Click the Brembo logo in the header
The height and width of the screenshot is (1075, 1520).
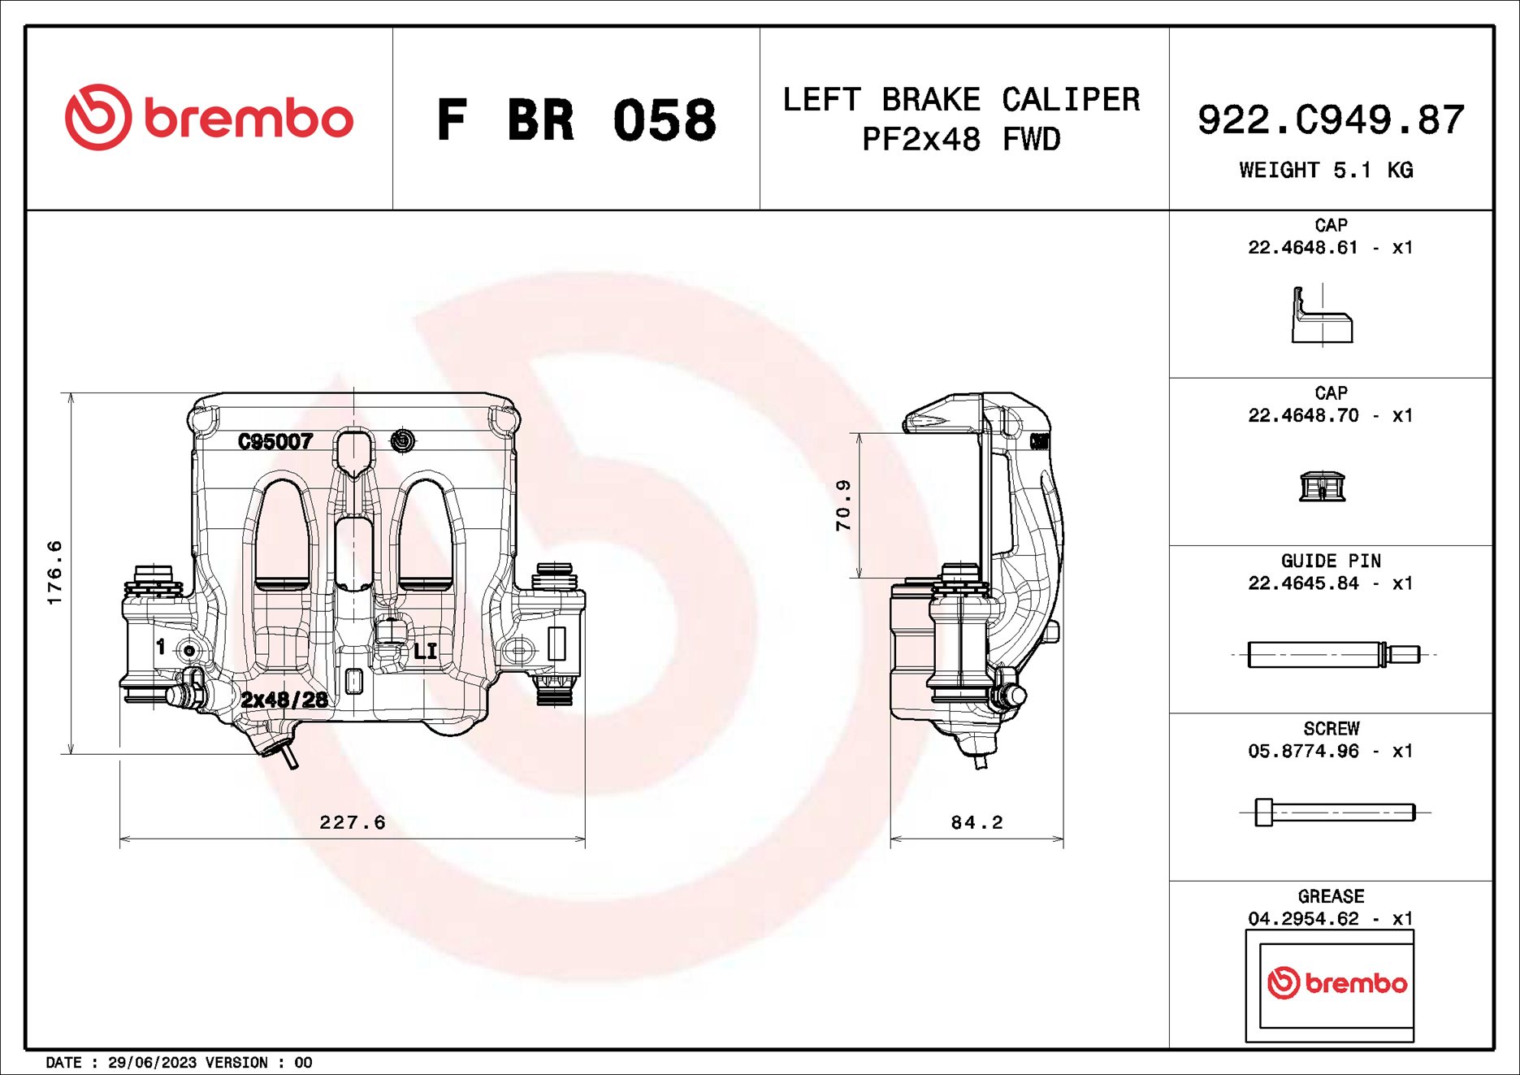point(210,118)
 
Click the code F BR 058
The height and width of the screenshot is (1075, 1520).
point(576,120)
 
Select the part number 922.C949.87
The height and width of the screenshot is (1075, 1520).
point(1331,120)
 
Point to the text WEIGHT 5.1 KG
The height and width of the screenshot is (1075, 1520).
point(1326,171)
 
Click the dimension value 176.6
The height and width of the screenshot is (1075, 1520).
point(54,573)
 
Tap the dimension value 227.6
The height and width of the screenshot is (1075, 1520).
point(353,822)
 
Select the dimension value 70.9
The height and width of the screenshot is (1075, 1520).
point(844,505)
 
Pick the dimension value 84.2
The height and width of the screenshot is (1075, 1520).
point(977,822)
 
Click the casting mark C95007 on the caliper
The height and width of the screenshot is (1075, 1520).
point(275,441)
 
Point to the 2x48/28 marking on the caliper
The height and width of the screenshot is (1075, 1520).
point(284,700)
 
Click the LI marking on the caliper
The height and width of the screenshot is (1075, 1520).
point(425,651)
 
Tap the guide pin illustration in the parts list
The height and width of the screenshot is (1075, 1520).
point(1332,654)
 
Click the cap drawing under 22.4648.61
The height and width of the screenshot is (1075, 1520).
point(1322,316)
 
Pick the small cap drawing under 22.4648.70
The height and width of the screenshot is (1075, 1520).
point(1323,487)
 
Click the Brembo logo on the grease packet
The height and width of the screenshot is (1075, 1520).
point(1336,983)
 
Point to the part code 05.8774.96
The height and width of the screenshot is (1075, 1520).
point(1303,752)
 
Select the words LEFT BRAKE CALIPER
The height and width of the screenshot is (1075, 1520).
point(961,100)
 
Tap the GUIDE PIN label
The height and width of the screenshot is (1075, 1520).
point(1331,561)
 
